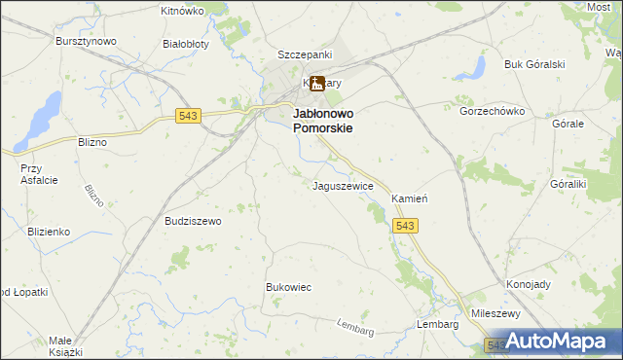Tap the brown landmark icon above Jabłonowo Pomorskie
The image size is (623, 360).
(x=316, y=85)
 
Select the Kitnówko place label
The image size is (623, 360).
(x=181, y=11)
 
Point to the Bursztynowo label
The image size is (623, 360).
(x=85, y=42)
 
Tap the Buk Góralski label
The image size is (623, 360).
(x=534, y=64)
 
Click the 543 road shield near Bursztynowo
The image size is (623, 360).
(x=189, y=116)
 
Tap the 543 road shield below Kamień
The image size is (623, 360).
(x=407, y=226)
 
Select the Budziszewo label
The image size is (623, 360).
(x=194, y=221)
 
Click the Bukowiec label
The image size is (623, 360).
(x=288, y=287)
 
